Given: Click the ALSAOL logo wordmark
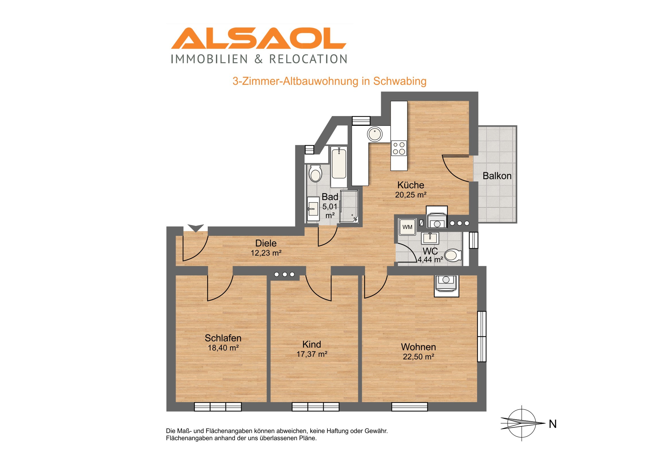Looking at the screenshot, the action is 259,38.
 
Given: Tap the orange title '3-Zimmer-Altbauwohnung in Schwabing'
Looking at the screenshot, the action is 329,81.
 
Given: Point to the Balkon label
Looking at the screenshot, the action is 497,176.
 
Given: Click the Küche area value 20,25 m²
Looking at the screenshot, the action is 410,195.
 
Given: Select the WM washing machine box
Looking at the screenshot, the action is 407,227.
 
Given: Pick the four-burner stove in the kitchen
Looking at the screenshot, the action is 399,148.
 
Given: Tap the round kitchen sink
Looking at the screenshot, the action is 374,134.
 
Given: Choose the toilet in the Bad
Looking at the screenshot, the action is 315,173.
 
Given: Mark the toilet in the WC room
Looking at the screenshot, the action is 453,255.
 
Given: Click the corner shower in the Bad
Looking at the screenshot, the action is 349,206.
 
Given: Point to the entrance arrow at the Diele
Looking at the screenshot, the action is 195,228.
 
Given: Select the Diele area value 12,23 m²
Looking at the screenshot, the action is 266,253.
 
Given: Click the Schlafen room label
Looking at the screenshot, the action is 223,338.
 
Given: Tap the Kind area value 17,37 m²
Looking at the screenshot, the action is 312,354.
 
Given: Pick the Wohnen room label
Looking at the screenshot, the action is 418,347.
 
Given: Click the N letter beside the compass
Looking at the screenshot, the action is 552,424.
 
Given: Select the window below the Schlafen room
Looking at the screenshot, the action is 218,407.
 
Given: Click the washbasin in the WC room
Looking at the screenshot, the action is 430,238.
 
